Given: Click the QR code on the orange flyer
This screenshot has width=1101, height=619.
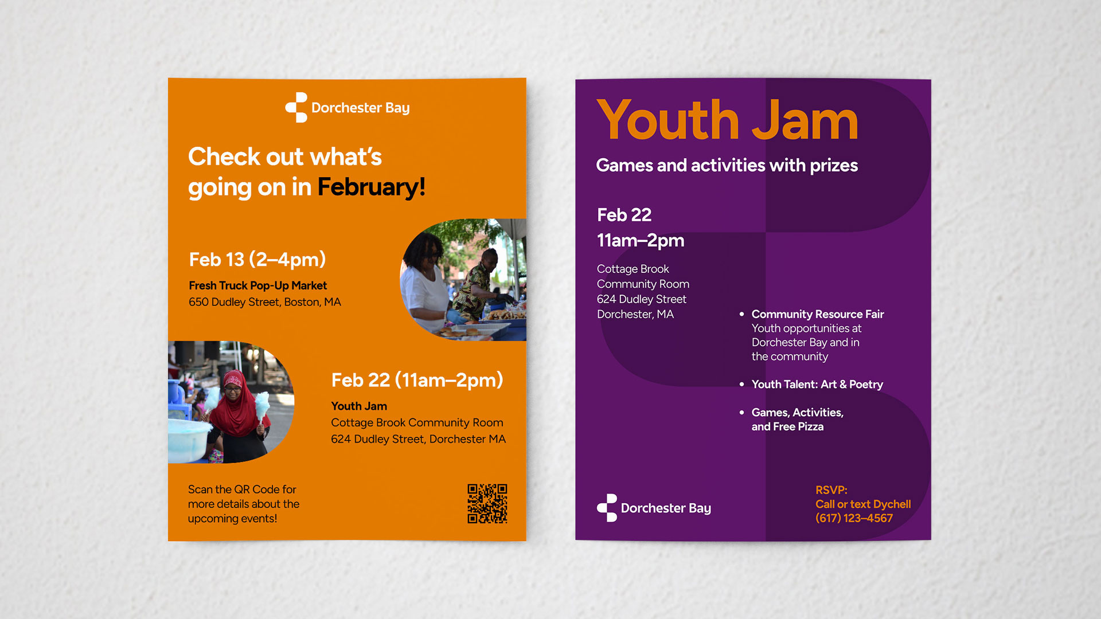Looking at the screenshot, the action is click(487, 504).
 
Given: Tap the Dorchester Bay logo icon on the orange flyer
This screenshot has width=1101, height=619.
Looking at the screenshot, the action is click(296, 108).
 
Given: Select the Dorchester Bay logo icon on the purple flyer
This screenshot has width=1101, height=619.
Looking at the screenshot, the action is click(607, 508).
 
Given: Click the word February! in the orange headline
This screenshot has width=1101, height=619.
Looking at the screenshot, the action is click(372, 187).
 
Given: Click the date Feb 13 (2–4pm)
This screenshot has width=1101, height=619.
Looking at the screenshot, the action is click(257, 260).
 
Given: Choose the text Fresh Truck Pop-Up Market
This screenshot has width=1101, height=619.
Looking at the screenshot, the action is click(258, 285).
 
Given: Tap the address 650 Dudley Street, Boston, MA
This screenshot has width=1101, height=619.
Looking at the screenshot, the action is click(265, 302).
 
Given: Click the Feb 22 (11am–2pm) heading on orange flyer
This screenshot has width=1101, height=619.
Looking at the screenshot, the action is click(417, 380).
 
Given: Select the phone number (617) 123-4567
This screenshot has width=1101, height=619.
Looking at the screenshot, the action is click(854, 518).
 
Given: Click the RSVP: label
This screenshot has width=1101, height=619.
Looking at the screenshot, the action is click(831, 490).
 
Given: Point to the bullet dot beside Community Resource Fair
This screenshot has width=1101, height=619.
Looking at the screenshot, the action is click(741, 314).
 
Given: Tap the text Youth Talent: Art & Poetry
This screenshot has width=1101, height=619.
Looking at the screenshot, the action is click(817, 385).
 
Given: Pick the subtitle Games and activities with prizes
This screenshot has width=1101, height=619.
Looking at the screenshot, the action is click(727, 166).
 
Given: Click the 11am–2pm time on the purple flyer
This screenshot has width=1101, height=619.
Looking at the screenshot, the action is click(641, 241).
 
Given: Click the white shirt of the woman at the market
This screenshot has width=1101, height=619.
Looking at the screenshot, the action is click(425, 292).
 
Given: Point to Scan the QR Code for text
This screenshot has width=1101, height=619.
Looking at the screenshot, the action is click(242, 489).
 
